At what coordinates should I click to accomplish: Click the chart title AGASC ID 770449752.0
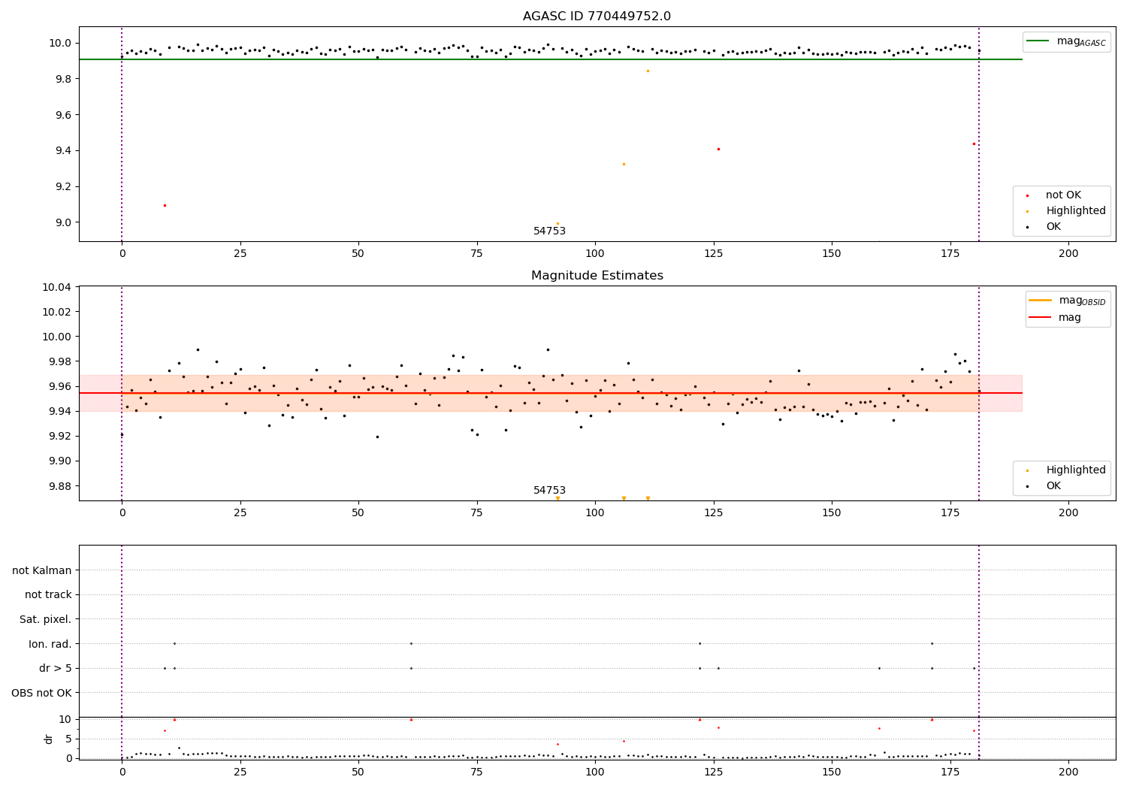pyautogui.click(x=597, y=17)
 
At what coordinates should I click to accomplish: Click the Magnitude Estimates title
pyautogui.click(x=597, y=276)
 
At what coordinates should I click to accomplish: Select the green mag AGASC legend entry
pyautogui.click(x=1067, y=41)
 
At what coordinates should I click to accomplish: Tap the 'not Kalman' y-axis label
pyautogui.click(x=42, y=570)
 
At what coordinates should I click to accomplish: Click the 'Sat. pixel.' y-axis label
pyautogui.click(x=46, y=619)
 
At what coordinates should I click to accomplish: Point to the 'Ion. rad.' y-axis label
pyautogui.click(x=50, y=644)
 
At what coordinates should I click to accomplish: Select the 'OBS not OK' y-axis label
pyautogui.click(x=42, y=693)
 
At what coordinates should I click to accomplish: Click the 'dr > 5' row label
pyautogui.click(x=56, y=668)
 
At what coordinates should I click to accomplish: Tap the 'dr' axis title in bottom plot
pyautogui.click(x=49, y=739)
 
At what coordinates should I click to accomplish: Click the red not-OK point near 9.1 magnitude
pyautogui.click(x=165, y=205)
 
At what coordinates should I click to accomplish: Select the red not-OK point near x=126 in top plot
pyautogui.click(x=718, y=149)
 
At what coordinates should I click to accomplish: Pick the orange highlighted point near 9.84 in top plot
pyautogui.click(x=648, y=71)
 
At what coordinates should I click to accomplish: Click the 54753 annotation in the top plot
pyautogui.click(x=549, y=231)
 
